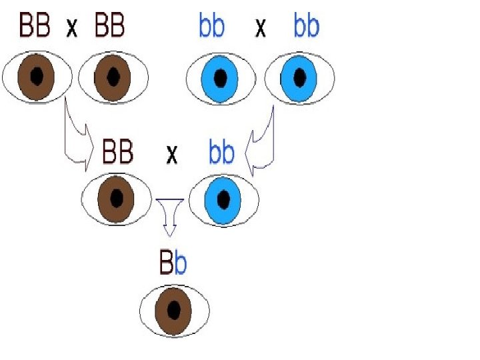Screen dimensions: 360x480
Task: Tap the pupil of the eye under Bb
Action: tap(175, 311)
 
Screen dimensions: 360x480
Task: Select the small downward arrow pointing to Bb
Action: tap(169, 217)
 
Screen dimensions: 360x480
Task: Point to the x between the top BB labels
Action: tap(71, 28)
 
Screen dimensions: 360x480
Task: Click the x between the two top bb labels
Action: tap(261, 29)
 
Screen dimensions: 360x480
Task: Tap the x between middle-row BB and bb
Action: tap(172, 155)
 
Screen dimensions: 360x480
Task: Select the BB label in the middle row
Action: tap(117, 153)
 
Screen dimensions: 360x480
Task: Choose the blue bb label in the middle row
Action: tap(221, 153)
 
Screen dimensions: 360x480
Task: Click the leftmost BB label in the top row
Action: tap(35, 27)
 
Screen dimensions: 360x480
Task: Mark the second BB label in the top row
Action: tap(109, 27)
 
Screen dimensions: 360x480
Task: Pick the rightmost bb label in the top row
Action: tap(306, 27)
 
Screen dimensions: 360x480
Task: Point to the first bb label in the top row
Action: tap(211, 27)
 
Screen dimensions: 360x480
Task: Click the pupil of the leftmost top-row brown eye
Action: tap(37, 77)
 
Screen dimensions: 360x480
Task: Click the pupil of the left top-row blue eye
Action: tap(220, 78)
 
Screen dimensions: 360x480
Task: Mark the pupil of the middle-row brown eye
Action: tap(117, 199)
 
